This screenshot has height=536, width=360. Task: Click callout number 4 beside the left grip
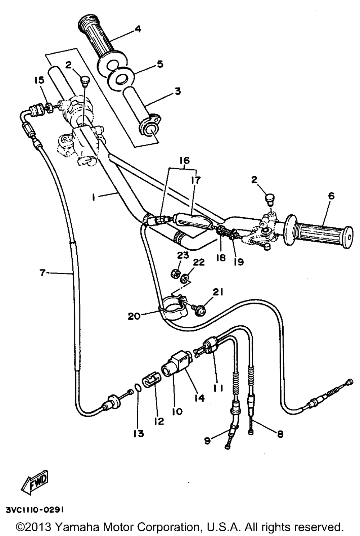(138, 29)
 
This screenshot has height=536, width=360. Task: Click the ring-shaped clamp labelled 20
(174, 307)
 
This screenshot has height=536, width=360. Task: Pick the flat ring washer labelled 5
(120, 80)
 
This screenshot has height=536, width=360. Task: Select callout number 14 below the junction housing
(199, 398)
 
